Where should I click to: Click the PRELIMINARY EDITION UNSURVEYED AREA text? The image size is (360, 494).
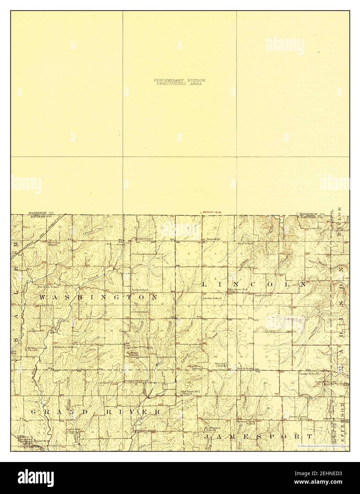click(x=180, y=82)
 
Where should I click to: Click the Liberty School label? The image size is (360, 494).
click(x=212, y=298)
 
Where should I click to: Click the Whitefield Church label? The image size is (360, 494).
click(x=221, y=365)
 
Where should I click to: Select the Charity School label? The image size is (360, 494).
click(x=308, y=374)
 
